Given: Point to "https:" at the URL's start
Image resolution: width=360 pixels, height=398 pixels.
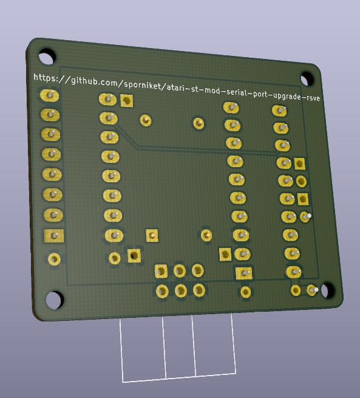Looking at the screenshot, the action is point(44,77).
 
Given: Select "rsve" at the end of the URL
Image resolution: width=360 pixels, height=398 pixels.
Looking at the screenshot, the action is point(313,97).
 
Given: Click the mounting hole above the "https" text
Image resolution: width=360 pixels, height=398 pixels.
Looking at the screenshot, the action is point(47,56).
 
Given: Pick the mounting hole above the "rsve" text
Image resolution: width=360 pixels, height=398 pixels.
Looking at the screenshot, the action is point(307,78).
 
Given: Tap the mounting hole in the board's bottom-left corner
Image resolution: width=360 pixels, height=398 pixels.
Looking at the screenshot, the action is point(54,300).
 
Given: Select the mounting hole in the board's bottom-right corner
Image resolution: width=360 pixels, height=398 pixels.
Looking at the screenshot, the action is point(328,289).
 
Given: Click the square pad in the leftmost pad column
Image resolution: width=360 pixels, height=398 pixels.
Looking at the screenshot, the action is point(54,236).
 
